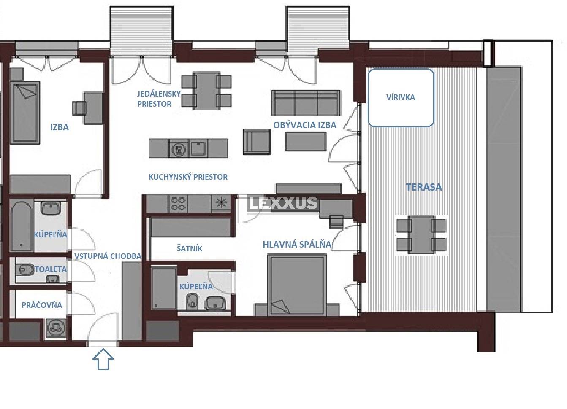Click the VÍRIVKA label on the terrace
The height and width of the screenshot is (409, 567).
(x=400, y=97)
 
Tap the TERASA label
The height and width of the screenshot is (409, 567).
(x=424, y=187)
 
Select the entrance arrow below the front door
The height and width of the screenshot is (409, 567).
(x=103, y=359)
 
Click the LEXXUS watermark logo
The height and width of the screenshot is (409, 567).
(x=282, y=203)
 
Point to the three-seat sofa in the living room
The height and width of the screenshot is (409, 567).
(x=306, y=103)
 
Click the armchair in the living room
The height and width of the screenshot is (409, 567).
(x=257, y=142)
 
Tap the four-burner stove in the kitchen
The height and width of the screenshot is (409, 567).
(x=178, y=204)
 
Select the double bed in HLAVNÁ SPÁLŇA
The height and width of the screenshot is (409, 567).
(x=297, y=285)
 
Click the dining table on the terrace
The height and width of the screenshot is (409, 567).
(x=421, y=235)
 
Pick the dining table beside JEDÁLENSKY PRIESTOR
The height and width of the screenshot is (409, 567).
(x=206, y=91)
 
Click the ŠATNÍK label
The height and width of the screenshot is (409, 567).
(x=189, y=249)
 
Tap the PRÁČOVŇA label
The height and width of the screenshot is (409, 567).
(x=42, y=305)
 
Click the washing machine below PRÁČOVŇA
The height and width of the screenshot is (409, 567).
(x=56, y=328)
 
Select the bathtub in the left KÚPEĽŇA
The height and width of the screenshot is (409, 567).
(x=22, y=225)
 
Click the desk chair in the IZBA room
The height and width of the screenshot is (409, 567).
(x=79, y=108)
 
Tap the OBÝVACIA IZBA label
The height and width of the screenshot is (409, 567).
(x=305, y=125)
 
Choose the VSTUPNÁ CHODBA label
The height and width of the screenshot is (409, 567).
(x=108, y=256)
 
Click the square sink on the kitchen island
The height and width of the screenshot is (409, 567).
(x=198, y=148)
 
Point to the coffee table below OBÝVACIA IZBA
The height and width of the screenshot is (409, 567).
(x=306, y=142)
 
